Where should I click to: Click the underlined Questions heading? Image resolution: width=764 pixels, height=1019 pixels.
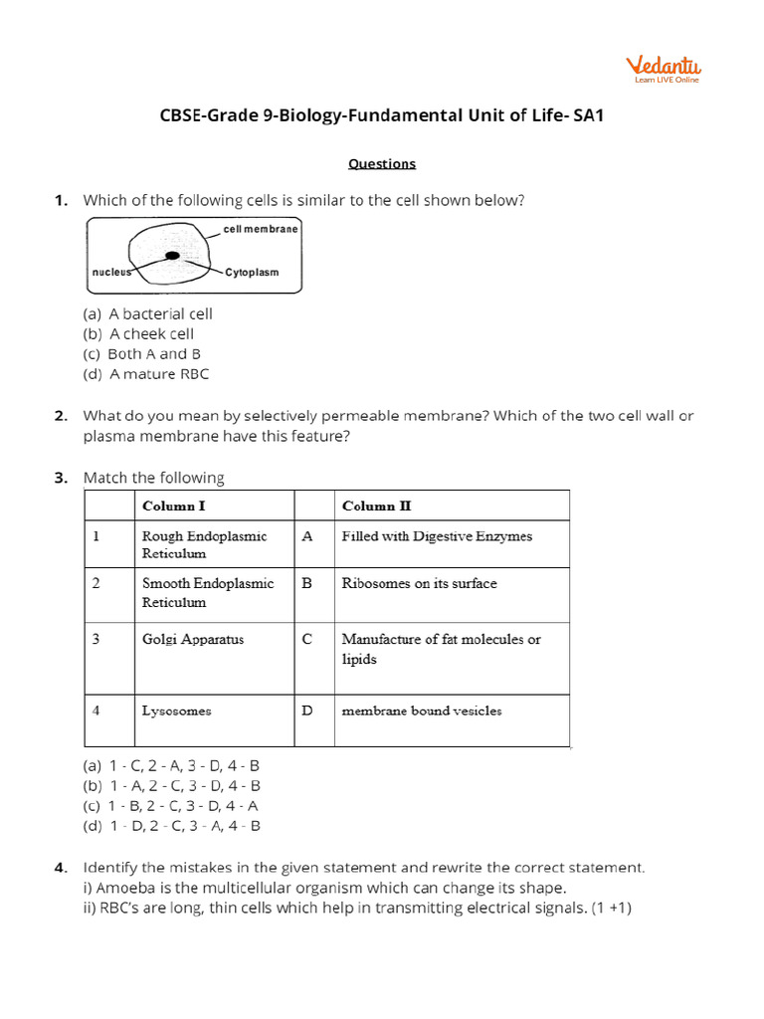[x=382, y=164]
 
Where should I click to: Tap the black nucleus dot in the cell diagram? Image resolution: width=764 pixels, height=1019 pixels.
[x=172, y=256]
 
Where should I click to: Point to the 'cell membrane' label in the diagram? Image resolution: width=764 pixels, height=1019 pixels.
[x=261, y=229]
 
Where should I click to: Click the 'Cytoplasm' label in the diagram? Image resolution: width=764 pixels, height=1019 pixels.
[x=252, y=272]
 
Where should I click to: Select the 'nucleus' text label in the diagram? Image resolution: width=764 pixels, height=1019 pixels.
[x=112, y=271]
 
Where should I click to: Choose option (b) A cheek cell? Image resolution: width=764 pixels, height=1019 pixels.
[x=138, y=334]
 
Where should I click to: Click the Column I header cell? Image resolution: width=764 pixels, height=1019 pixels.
[x=174, y=506]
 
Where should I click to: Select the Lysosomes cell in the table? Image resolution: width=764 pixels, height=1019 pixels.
[x=176, y=711]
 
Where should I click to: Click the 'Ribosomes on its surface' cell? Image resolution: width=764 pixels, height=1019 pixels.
[x=419, y=583]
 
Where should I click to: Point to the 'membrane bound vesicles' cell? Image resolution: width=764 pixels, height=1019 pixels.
[x=422, y=711]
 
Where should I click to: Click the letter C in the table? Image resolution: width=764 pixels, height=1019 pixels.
[x=307, y=639]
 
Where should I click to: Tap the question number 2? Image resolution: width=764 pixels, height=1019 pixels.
[x=61, y=416]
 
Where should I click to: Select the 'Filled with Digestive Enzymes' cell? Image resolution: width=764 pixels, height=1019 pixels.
[x=437, y=535]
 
